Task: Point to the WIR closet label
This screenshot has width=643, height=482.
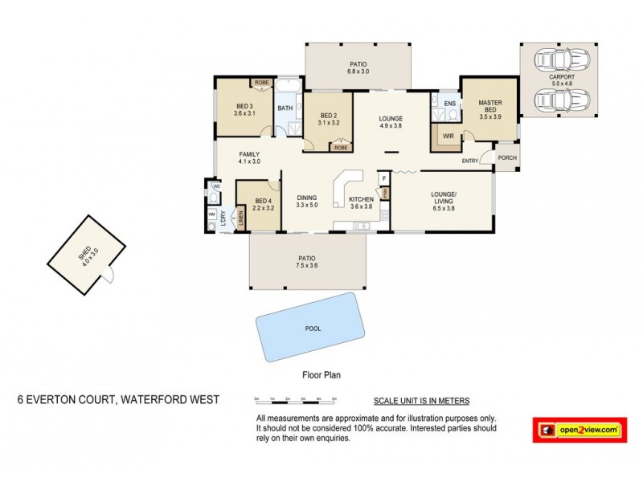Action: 448,137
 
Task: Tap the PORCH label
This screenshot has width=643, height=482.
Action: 506,157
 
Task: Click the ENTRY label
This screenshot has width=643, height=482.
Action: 470,161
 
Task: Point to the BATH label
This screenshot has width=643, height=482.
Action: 285,108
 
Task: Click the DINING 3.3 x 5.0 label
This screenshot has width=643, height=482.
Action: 307,201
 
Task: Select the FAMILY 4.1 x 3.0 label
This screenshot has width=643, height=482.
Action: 249,157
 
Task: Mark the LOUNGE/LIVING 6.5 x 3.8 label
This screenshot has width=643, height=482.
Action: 444,200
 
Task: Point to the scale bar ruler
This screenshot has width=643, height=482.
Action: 294,399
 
